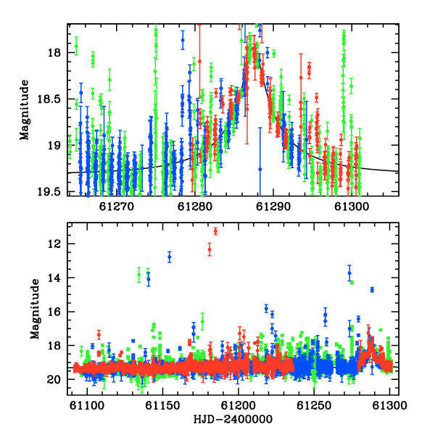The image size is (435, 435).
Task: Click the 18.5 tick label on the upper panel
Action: pos(49,99)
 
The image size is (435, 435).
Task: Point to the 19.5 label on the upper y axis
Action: pos(49,191)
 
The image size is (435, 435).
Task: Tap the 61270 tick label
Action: pos(117,207)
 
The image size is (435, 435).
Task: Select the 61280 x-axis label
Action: pos(195,207)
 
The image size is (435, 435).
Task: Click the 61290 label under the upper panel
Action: pos(273,207)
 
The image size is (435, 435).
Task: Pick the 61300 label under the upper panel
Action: pos(352,207)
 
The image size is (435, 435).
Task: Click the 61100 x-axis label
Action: pos(87,405)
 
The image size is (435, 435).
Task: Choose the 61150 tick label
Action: pos(162,405)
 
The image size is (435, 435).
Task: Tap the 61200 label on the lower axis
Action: pos(238,405)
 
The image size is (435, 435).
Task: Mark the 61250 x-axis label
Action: pos(314,405)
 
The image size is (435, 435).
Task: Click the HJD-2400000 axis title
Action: pos(233,419)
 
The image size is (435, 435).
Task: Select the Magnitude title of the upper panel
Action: pos(25,110)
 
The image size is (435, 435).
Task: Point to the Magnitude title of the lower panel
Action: pos(36,309)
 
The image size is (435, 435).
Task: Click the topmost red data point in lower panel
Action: pos(215,231)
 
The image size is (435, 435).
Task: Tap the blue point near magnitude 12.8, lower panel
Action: pos(169,257)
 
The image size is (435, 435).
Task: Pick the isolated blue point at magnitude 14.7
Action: pos(372,290)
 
